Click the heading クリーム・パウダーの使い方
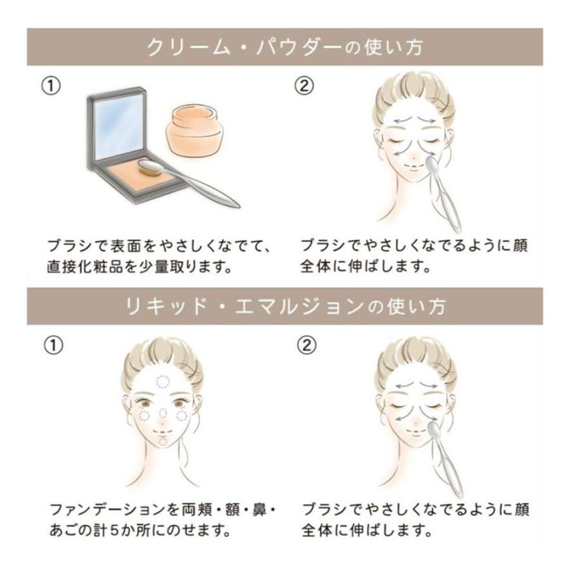(x=285, y=48)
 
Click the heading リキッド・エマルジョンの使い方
(x=285, y=306)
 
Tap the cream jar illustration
(x=195, y=130)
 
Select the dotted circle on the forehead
(x=163, y=382)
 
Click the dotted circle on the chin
(x=162, y=442)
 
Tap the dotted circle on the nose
(x=163, y=412)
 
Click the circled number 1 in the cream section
(x=51, y=86)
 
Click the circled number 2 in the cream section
(x=304, y=86)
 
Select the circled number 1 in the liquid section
(x=53, y=345)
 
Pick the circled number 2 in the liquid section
(x=306, y=345)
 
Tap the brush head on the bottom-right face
(x=433, y=429)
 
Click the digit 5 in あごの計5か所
(x=114, y=530)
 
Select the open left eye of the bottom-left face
(x=147, y=404)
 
